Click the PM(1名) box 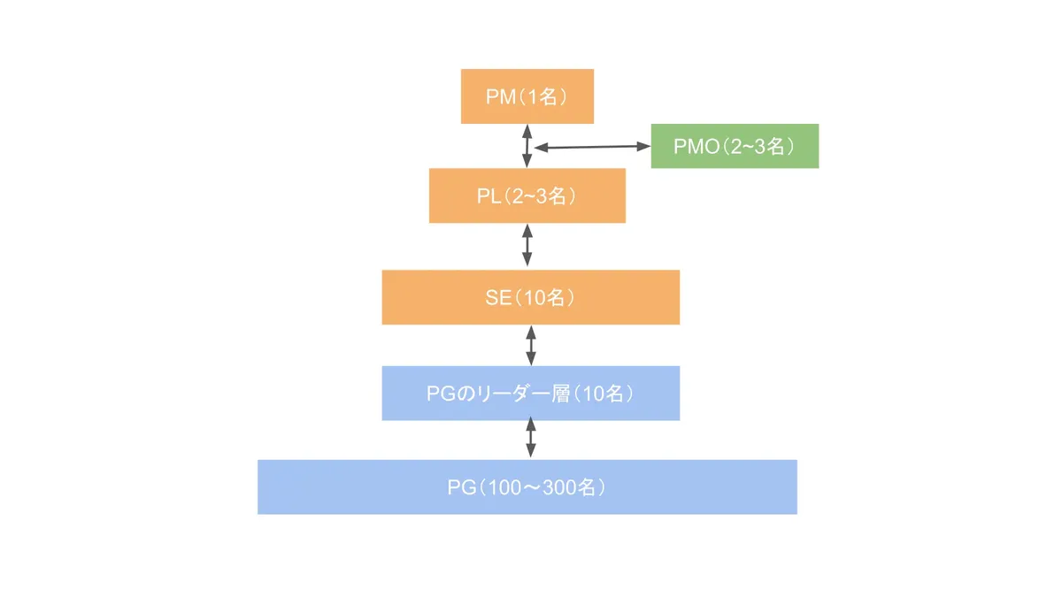[527, 96]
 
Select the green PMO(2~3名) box [735, 146]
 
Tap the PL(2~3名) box [527, 195]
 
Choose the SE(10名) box [530, 297]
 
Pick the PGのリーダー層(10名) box [530, 393]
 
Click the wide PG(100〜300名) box [527, 486]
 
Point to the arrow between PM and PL [527, 146]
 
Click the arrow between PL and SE [527, 246]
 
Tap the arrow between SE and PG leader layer [531, 345]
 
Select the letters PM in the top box [500, 97]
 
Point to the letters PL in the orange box [489, 196]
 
